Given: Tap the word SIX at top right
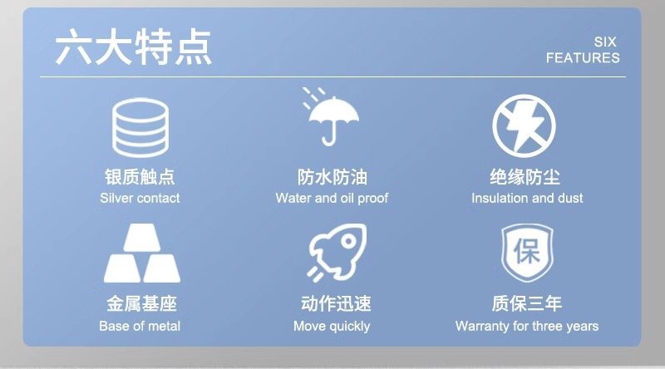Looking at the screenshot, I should click(x=606, y=42).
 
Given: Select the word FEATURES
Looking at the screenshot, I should click(x=583, y=58).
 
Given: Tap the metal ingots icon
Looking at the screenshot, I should click(x=140, y=253).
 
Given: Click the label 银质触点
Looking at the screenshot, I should click(x=140, y=177).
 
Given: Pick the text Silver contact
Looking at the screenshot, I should click(x=140, y=199).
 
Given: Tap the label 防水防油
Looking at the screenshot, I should click(x=332, y=177).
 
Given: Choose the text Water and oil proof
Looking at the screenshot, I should click(x=332, y=199).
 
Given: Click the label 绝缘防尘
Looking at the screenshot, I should click(x=526, y=177).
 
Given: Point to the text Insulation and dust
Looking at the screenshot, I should click(x=527, y=199).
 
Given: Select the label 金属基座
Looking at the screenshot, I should click(x=140, y=304).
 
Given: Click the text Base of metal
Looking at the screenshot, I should click(x=140, y=326).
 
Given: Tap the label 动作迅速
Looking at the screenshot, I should click(x=332, y=304).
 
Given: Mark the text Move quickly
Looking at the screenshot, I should click(x=332, y=326).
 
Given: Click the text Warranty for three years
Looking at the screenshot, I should click(x=527, y=326).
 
